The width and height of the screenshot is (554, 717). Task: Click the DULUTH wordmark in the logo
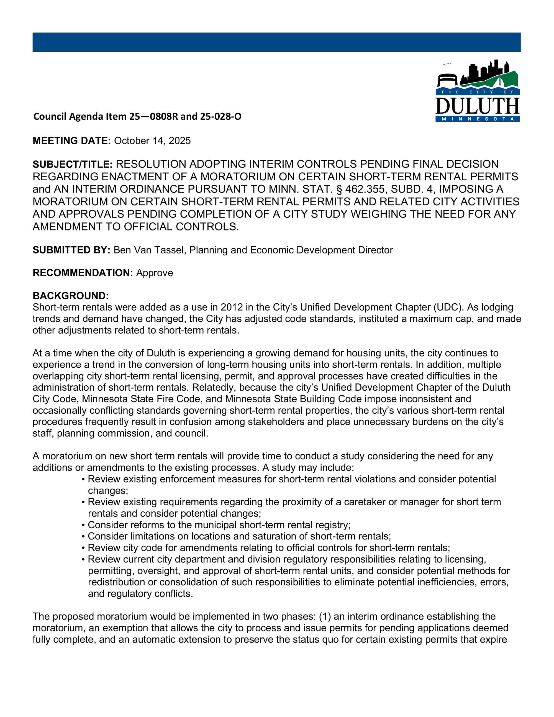[477, 106]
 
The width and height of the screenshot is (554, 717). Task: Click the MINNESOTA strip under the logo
[477, 119]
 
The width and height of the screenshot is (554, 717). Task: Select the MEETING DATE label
[71, 141]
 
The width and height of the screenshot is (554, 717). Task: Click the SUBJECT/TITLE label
[73, 164]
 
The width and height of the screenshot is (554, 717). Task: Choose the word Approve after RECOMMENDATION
[155, 273]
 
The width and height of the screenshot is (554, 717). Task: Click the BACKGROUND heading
[71, 296]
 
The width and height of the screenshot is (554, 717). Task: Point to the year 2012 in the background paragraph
[232, 307]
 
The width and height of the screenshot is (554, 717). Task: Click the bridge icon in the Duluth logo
[447, 80]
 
